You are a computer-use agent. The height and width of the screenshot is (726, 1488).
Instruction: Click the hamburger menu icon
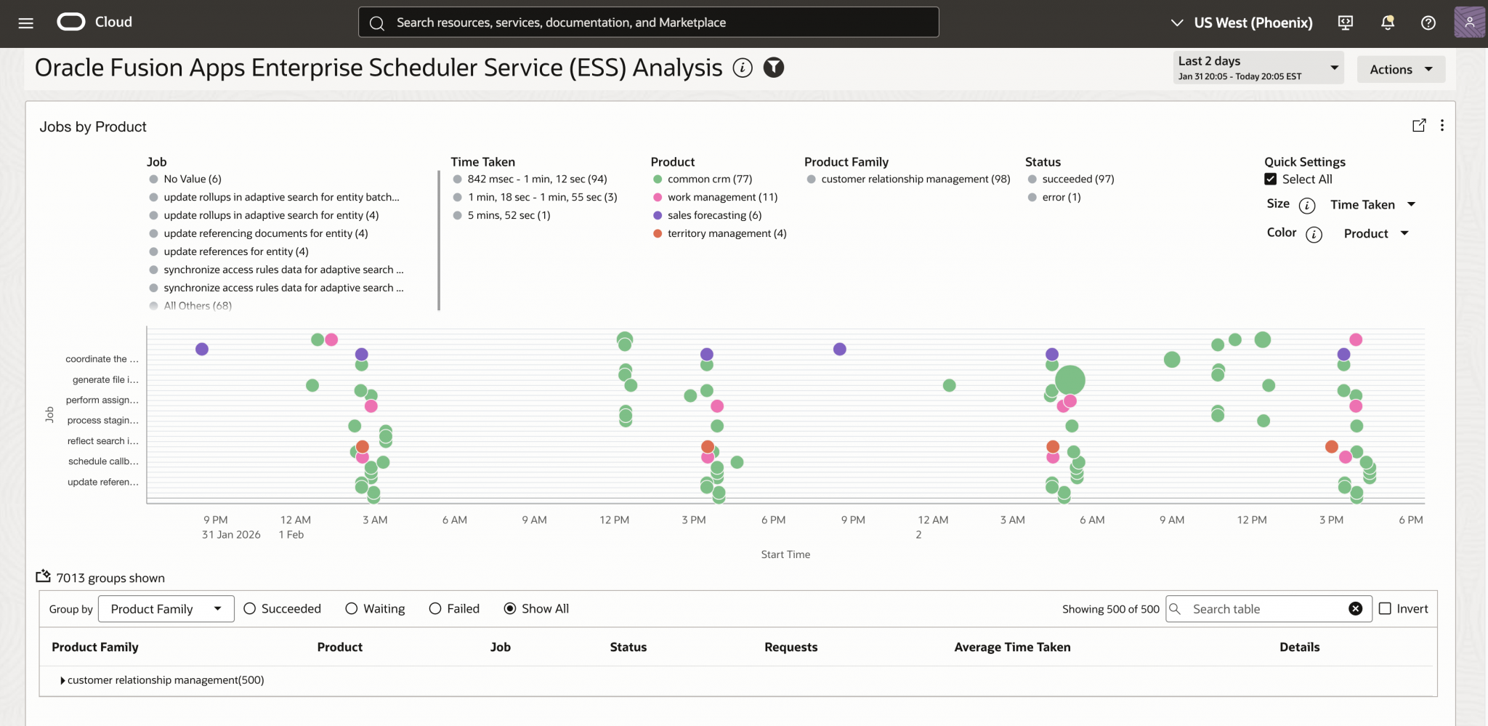click(26, 23)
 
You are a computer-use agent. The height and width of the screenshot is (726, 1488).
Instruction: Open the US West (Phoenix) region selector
click(1242, 23)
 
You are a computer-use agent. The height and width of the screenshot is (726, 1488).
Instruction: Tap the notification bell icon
click(1387, 23)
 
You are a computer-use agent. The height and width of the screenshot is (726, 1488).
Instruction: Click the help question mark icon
click(1428, 23)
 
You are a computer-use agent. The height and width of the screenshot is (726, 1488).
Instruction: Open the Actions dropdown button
click(1401, 70)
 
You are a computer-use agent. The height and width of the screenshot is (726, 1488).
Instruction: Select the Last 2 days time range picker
click(1258, 68)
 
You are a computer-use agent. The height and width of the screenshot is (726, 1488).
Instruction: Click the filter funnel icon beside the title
click(774, 68)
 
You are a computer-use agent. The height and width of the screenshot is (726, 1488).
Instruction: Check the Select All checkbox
click(1270, 180)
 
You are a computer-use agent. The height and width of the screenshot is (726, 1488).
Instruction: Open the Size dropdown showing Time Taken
click(1372, 205)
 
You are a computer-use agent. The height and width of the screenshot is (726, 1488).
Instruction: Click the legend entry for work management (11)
click(721, 197)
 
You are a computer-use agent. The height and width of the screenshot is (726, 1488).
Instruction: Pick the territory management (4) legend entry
click(726, 233)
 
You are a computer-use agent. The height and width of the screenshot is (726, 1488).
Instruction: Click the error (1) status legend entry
click(1061, 197)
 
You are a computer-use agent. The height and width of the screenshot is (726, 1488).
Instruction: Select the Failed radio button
click(435, 609)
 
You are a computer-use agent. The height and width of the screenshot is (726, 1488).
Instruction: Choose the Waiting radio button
click(352, 609)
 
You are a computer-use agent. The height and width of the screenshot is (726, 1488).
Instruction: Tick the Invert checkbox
click(1385, 609)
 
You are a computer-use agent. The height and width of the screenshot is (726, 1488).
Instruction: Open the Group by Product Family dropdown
click(166, 609)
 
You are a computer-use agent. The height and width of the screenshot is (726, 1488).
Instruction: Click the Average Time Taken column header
click(1012, 647)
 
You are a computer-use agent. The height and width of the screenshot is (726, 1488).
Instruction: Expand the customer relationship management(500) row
click(62, 680)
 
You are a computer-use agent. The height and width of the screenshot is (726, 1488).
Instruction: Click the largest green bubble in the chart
click(1070, 380)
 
